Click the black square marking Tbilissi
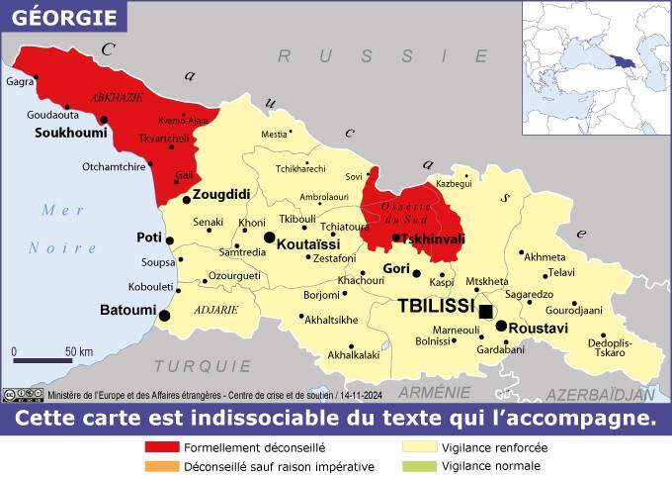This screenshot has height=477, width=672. pyautogui.click(x=485, y=311)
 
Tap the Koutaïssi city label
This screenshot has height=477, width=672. pyautogui.click(x=308, y=243)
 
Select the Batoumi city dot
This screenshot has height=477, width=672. pyautogui.click(x=165, y=316)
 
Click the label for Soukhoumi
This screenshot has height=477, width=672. pyautogui.click(x=71, y=132)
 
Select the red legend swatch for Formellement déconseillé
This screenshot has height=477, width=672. pyautogui.click(x=162, y=447)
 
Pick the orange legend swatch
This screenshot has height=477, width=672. pyautogui.click(x=162, y=466)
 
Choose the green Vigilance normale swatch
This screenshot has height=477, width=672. pyautogui.click(x=419, y=466)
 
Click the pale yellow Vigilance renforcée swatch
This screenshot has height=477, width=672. pyautogui.click(x=419, y=447)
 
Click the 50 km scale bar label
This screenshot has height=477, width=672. pyautogui.click(x=79, y=351)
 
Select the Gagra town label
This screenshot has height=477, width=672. pyautogui.click(x=20, y=82)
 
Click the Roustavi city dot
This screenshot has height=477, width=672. pyautogui.click(x=501, y=326)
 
